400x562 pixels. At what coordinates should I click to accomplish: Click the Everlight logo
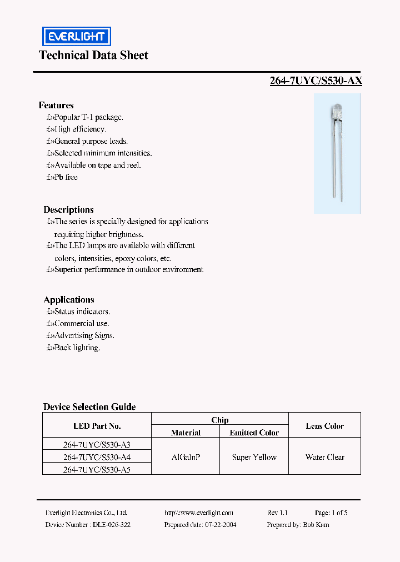[x=77, y=37]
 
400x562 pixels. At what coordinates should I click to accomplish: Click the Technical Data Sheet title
[x=93, y=55]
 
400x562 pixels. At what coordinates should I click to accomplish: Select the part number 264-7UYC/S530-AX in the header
[x=316, y=81]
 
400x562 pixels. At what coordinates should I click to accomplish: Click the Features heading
[x=56, y=105]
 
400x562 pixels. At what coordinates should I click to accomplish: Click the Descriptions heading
[x=68, y=209]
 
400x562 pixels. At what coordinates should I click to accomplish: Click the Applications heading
[x=69, y=299]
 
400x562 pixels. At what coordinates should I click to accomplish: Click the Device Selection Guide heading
[x=89, y=407]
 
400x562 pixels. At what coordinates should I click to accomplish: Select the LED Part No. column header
[x=97, y=426]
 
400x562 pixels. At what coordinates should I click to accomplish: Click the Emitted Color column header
[x=254, y=432]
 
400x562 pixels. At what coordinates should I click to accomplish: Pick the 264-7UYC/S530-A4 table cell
[x=97, y=457]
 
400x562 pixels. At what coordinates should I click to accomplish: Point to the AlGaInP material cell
[x=186, y=457]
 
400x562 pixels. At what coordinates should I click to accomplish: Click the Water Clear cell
[x=324, y=457]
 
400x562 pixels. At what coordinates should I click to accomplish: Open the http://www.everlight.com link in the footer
[x=199, y=513]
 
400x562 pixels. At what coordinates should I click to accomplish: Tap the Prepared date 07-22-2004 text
[x=200, y=524]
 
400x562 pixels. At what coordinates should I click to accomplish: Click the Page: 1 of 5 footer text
[x=331, y=513]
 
